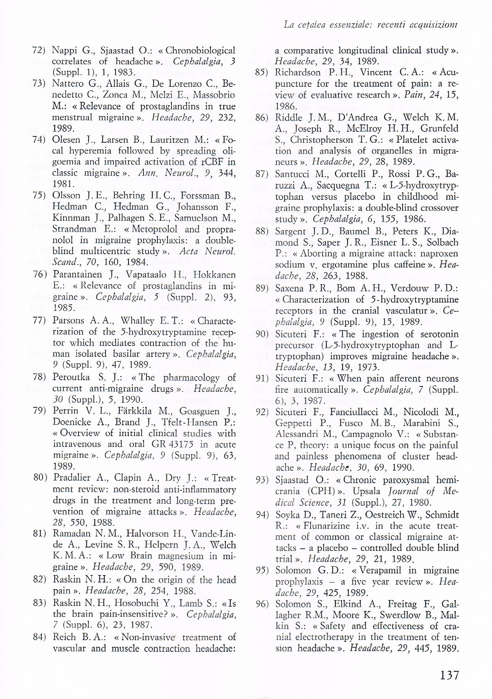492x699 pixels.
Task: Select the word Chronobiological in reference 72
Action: [x=200, y=50]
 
